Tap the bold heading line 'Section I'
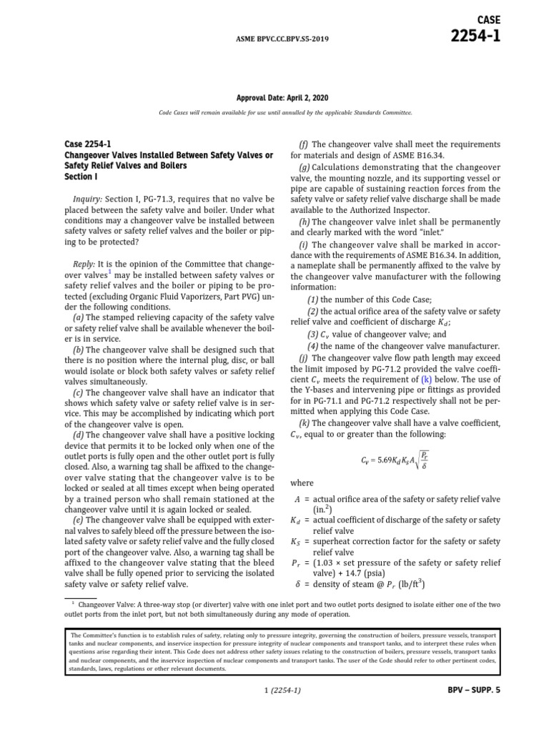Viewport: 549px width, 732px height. pyautogui.click(x=80, y=177)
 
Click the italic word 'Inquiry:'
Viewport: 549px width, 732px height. pyautogui.click(x=89, y=197)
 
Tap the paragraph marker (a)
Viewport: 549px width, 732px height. pyautogui.click(x=79, y=317)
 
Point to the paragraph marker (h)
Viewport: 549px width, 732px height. pyautogui.click(x=304, y=222)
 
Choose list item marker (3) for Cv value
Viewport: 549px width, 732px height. pyautogui.click(x=313, y=334)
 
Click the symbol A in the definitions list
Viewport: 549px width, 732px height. pyautogui.click(x=297, y=499)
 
